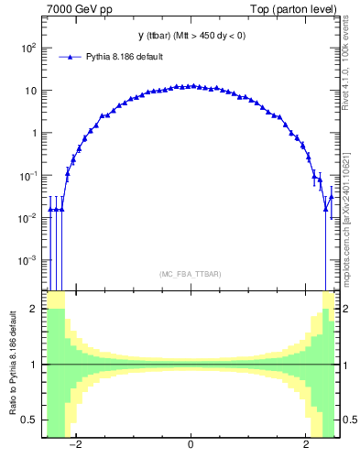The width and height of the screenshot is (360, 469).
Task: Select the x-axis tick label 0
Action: tap(191, 446)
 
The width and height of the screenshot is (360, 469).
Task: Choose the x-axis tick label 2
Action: tap(306, 446)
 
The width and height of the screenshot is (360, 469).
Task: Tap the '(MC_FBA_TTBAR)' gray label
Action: tap(190, 274)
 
